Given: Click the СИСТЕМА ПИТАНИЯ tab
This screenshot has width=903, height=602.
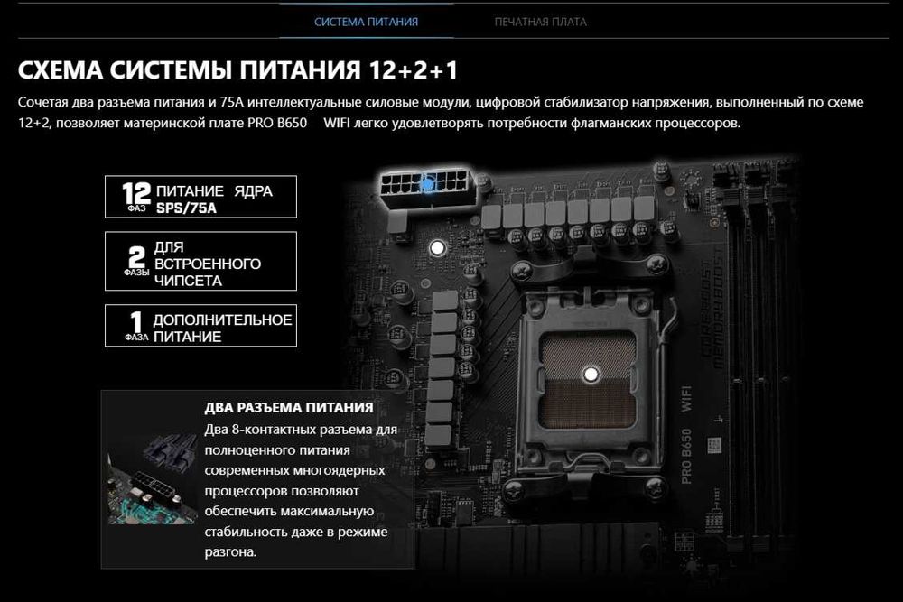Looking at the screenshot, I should (366, 22).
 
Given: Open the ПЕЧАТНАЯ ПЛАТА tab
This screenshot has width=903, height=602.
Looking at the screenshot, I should (540, 22).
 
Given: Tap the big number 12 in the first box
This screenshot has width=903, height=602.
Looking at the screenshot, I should (136, 192).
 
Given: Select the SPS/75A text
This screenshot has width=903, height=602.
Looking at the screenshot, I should (187, 208).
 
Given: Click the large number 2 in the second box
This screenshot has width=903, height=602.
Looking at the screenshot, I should (137, 255).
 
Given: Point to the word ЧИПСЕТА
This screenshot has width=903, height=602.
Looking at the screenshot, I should (188, 281).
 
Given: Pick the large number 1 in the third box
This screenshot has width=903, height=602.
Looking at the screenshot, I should (136, 321).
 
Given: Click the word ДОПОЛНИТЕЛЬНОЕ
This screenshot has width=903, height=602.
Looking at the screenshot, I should (223, 320).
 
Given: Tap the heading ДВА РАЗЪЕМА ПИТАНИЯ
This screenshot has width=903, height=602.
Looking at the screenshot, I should (289, 407).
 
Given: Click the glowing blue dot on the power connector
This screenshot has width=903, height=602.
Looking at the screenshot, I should (427, 184).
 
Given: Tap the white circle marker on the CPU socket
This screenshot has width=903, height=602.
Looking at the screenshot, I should (591, 372).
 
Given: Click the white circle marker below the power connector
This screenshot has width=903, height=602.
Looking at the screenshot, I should (438, 245).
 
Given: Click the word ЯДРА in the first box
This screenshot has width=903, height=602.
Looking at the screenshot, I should (253, 191).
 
